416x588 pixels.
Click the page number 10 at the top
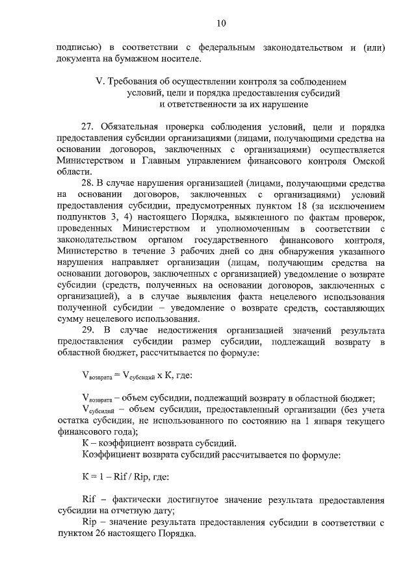[x=220, y=24]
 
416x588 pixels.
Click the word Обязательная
[x=132, y=126]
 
